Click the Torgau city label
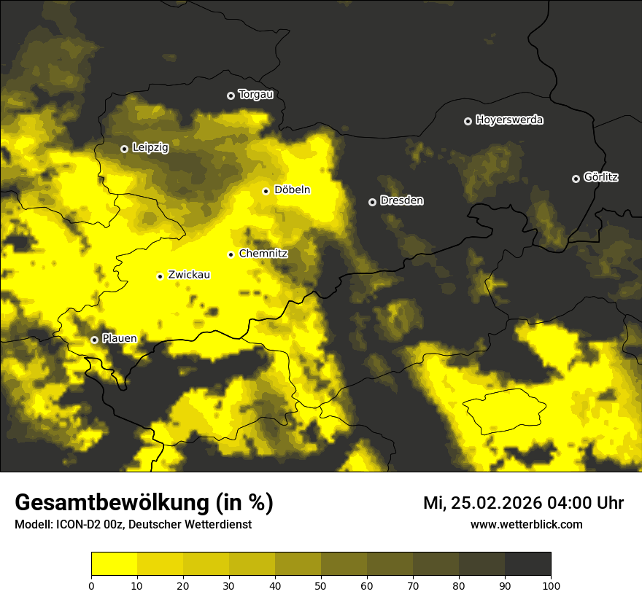255,95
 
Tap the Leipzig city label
150,148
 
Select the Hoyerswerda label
509,120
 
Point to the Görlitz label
601,177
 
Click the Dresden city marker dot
372,202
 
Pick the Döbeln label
292,190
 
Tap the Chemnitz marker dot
231,254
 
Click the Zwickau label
189,275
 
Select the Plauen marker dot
94,340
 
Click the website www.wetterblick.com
526,525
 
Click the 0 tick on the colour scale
91,585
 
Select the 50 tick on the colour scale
321,585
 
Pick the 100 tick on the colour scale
551,585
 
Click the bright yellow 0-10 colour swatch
114,564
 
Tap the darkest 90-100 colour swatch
527,564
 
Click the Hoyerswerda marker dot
468,121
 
